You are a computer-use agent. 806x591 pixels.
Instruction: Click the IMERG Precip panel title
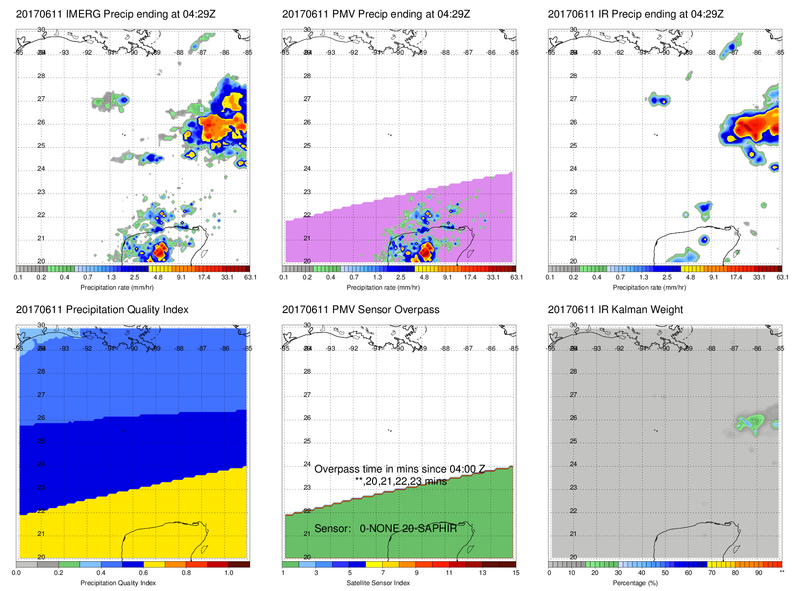116,14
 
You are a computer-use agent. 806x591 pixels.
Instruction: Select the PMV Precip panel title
376,14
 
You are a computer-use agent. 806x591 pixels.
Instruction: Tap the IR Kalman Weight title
615,310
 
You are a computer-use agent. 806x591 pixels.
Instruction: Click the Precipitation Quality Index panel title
102,310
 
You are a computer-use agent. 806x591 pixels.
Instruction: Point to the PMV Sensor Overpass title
361,310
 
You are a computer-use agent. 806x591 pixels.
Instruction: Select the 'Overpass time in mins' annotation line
399,469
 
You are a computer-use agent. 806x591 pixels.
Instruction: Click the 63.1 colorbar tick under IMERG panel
250,277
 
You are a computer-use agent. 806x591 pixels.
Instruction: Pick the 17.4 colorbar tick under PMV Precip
470,277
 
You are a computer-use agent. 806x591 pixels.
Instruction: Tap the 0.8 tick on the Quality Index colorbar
186,573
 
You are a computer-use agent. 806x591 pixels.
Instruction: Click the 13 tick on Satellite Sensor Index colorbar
482,573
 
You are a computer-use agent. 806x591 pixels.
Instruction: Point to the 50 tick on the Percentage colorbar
665,573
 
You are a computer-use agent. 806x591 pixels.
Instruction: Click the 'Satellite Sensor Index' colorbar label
378,583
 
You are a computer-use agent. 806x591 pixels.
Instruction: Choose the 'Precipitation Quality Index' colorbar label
118,583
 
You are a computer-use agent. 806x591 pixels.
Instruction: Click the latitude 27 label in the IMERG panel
41,99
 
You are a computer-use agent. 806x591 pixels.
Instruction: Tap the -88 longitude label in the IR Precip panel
711,53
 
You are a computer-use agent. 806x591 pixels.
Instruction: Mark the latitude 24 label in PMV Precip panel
307,169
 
